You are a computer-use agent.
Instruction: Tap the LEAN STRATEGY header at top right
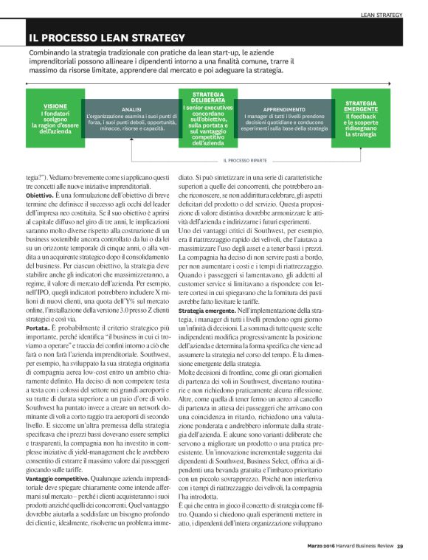coord(382,14)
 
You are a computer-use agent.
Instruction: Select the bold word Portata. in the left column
coord(39,325)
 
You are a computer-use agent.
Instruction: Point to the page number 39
coord(400,546)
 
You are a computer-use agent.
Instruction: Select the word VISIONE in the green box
coord(55,106)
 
